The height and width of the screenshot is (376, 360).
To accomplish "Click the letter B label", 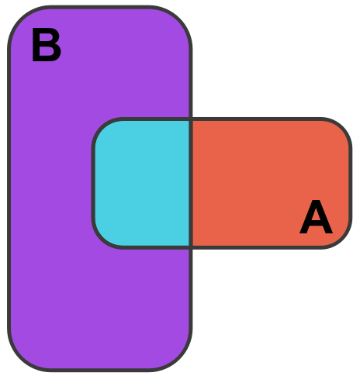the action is click(47, 45).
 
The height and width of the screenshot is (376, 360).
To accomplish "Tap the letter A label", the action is click(316, 217).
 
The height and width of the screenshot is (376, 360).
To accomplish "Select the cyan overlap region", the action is click(142, 183).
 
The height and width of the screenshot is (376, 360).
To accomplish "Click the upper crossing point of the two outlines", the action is click(191, 119).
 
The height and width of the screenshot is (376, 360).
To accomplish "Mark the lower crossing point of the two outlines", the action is click(191, 247).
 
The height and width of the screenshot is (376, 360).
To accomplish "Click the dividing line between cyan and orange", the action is click(191, 183).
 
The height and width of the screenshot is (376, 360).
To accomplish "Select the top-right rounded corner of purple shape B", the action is click(179, 19).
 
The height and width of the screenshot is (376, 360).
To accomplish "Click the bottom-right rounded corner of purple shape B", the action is click(179, 359).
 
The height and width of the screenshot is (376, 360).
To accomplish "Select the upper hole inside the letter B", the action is click(47, 38).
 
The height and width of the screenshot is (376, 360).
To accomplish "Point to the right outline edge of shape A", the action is click(351, 183).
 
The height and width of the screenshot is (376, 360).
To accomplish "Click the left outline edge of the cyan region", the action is click(93, 183).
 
